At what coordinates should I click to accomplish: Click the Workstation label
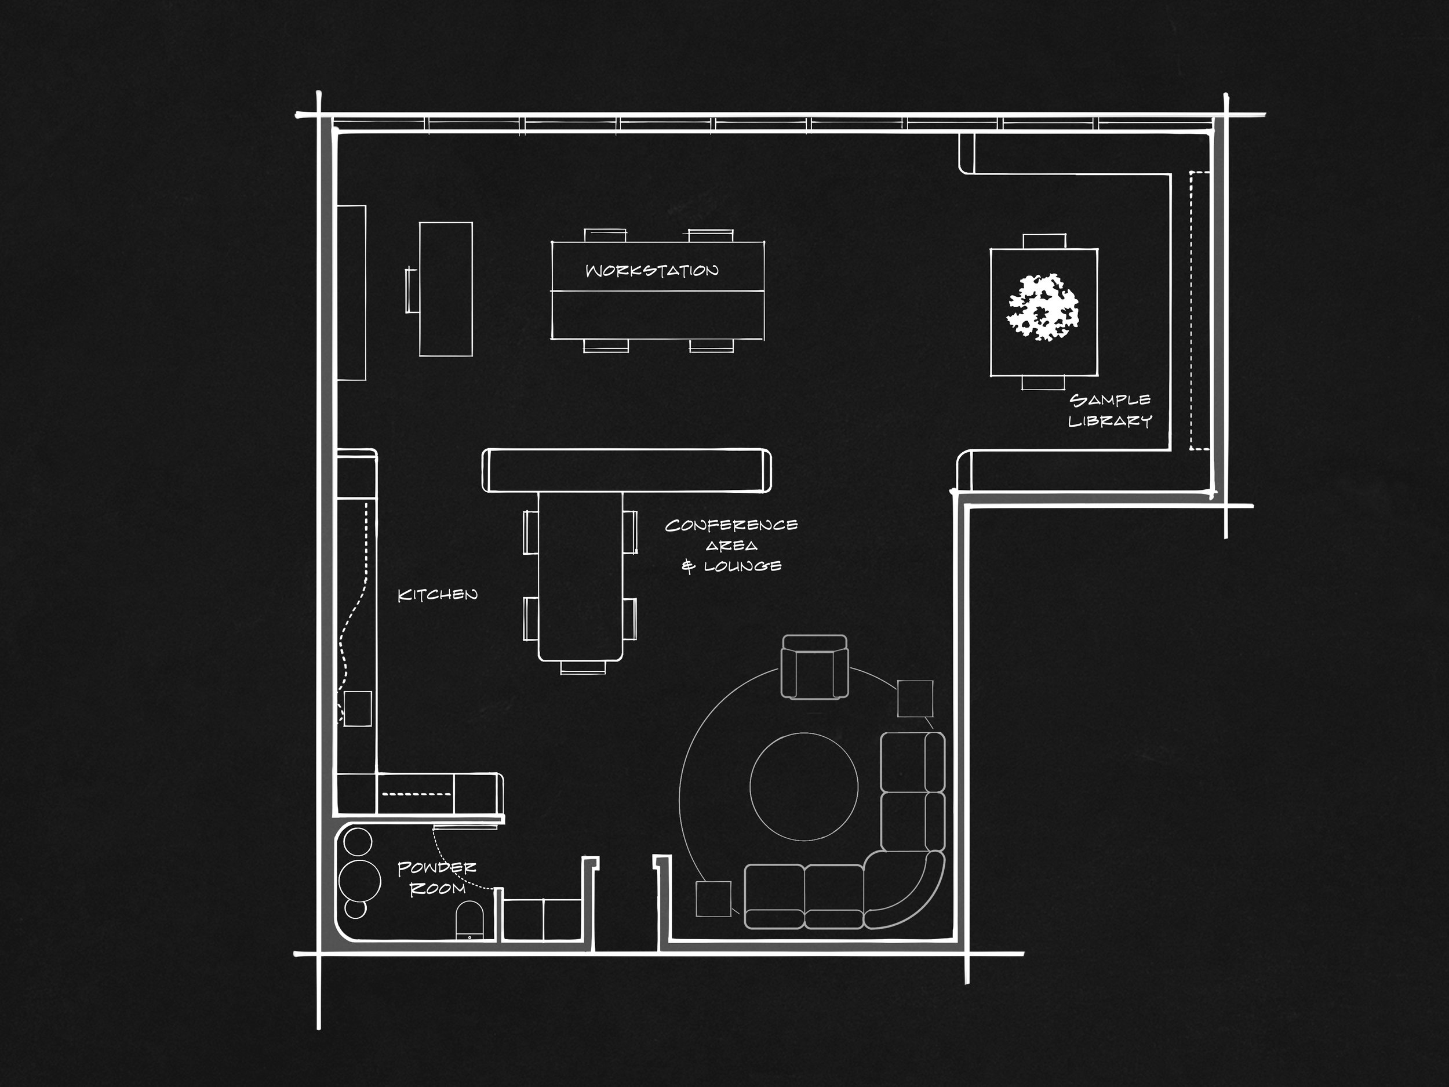[x=652, y=271]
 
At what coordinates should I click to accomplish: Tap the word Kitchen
[x=438, y=595]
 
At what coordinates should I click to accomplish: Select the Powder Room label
[x=437, y=878]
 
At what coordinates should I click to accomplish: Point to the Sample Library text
[x=1110, y=410]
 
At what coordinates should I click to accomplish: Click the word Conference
[x=731, y=525]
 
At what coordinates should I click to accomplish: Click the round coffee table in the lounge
[x=804, y=786]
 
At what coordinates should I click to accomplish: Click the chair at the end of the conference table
[x=583, y=668]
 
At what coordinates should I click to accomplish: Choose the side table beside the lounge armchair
[x=915, y=699]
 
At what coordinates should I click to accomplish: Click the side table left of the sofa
[x=713, y=899]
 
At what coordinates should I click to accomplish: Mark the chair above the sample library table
[x=1044, y=241]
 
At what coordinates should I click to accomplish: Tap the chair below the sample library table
[x=1043, y=383]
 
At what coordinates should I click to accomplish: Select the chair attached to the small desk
[x=412, y=290]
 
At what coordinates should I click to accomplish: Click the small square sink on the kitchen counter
[x=358, y=708]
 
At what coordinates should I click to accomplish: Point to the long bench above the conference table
[x=626, y=470]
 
